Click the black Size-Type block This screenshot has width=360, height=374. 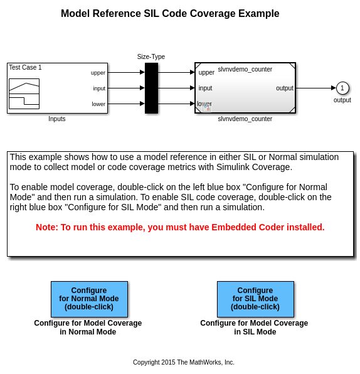(151, 88)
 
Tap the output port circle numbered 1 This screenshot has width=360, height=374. (342, 88)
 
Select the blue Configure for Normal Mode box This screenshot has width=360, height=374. (89, 299)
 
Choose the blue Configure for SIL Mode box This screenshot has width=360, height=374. (255, 299)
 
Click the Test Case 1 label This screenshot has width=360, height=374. (25, 68)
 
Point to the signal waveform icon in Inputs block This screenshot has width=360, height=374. (24, 93)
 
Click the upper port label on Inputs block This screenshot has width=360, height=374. (98, 73)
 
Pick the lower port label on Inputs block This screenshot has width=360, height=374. (98, 104)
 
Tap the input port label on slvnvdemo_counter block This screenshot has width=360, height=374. (205, 88)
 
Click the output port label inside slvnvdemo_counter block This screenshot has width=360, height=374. (285, 88)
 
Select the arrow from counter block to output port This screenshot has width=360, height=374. (315, 88)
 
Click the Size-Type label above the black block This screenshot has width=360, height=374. (151, 56)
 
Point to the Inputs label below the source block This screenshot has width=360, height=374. (56, 119)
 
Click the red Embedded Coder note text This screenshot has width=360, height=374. (180, 227)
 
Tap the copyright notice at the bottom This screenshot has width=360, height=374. (184, 362)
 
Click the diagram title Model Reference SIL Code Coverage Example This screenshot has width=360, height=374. (170, 14)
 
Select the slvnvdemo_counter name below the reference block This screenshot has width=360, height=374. (245, 119)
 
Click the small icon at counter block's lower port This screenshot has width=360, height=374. (207, 108)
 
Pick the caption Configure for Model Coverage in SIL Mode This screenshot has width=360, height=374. (254, 328)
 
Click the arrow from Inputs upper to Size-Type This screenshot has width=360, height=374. (126, 72)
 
